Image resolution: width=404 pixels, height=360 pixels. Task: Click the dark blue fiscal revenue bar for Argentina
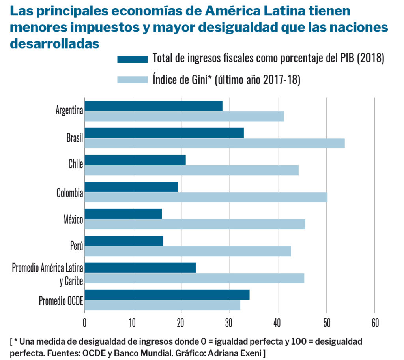153,106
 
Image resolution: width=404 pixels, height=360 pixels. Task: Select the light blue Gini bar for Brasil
215,143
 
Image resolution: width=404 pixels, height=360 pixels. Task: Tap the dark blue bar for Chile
135,160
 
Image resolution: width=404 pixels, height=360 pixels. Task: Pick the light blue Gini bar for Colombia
206,197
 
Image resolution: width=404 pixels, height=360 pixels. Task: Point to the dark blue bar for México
123,214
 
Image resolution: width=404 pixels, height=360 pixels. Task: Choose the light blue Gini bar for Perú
188,251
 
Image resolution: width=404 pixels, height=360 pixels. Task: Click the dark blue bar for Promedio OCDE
167,295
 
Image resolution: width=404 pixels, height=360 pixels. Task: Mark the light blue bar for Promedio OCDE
162,305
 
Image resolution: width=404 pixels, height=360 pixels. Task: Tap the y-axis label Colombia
70,193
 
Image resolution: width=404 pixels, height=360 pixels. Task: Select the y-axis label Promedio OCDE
61,301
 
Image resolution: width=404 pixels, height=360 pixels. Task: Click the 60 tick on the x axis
374,323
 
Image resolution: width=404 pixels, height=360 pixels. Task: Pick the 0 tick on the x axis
85,323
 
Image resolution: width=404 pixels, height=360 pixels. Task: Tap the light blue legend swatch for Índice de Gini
132,80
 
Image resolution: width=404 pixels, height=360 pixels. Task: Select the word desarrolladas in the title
54,43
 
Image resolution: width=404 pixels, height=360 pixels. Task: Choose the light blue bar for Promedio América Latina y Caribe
195,278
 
